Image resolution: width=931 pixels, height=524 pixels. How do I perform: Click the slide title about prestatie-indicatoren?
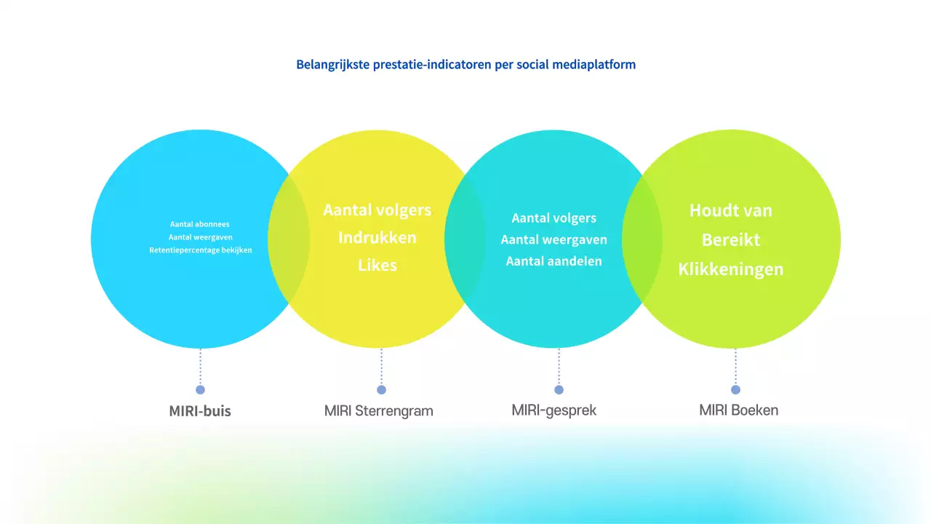(x=465, y=64)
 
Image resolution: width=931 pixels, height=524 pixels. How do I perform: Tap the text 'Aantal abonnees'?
(x=200, y=224)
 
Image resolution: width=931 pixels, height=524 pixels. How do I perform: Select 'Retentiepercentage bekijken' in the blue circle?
(x=200, y=250)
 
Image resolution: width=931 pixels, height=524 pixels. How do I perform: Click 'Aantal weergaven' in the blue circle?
(x=200, y=237)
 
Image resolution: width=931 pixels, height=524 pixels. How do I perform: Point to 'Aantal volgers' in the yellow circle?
(x=377, y=210)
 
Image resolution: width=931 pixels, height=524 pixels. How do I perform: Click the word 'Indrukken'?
(x=377, y=238)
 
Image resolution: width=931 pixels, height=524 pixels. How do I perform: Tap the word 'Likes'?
(x=377, y=266)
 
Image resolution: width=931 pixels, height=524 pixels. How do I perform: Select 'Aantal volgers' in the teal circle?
(x=554, y=218)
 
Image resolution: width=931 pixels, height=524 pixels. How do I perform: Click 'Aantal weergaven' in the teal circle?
(x=554, y=239)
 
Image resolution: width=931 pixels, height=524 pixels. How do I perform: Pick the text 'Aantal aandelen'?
(x=554, y=261)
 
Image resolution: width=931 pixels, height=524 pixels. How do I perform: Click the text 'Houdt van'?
(x=730, y=211)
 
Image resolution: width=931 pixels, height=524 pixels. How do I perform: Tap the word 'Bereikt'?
(x=730, y=240)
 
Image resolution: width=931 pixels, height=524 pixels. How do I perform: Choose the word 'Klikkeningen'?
(x=730, y=269)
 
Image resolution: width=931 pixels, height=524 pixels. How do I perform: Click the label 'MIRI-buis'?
(x=200, y=411)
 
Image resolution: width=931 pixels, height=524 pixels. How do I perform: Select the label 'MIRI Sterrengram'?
(x=378, y=411)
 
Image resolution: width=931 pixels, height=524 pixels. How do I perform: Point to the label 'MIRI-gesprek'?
(x=554, y=410)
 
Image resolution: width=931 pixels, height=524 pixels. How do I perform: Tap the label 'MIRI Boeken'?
(x=738, y=410)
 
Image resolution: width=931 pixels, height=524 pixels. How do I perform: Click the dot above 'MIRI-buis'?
(x=200, y=390)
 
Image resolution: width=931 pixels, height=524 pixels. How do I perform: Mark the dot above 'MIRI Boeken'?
(x=735, y=390)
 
